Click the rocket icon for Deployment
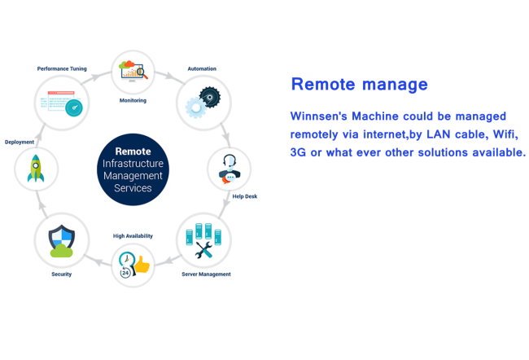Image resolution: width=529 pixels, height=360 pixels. coord(36,169)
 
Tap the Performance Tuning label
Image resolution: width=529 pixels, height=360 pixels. coord(62,69)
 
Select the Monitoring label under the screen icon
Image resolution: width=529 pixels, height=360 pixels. coord(133,101)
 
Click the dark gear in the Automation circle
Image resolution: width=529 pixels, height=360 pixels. coord(210,97)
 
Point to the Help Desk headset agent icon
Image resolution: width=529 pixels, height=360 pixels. coord(229,168)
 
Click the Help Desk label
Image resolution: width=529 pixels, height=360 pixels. coord(244,196)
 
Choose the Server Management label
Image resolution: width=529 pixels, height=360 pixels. coord(206,274)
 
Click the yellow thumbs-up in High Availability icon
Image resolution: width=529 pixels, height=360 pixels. coord(142,265)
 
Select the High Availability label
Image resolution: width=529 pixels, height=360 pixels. coord(133,236)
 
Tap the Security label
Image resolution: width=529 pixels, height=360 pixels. coord(62,274)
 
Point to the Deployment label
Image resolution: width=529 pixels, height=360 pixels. coord(20,143)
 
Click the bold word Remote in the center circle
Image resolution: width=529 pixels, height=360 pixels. coord(133,151)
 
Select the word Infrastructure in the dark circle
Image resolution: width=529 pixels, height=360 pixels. coord(133,164)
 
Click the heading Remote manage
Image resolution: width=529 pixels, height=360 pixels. coord(359,84)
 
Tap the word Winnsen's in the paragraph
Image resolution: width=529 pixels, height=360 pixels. coord(321,116)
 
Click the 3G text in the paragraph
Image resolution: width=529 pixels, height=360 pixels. coord(298,152)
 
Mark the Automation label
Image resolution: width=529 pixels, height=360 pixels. coord(202,69)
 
